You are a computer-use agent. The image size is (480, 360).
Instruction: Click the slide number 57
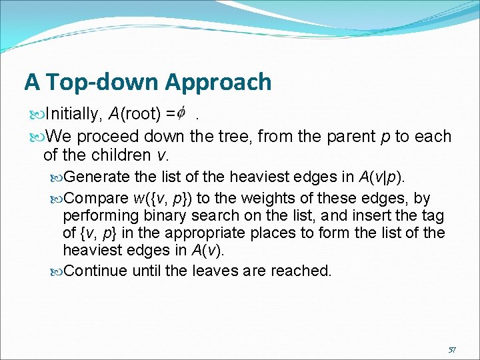pyautogui.click(x=452, y=349)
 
